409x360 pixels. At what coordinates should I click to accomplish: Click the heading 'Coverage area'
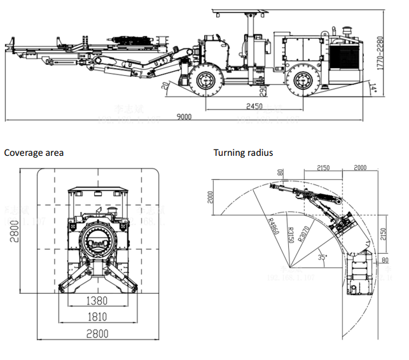[34, 153]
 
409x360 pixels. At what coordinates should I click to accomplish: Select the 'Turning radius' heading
[243, 153]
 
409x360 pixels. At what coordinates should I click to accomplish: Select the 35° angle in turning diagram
[323, 258]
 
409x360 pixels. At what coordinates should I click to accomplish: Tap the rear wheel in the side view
[300, 81]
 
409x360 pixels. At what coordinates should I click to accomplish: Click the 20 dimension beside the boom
[165, 87]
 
